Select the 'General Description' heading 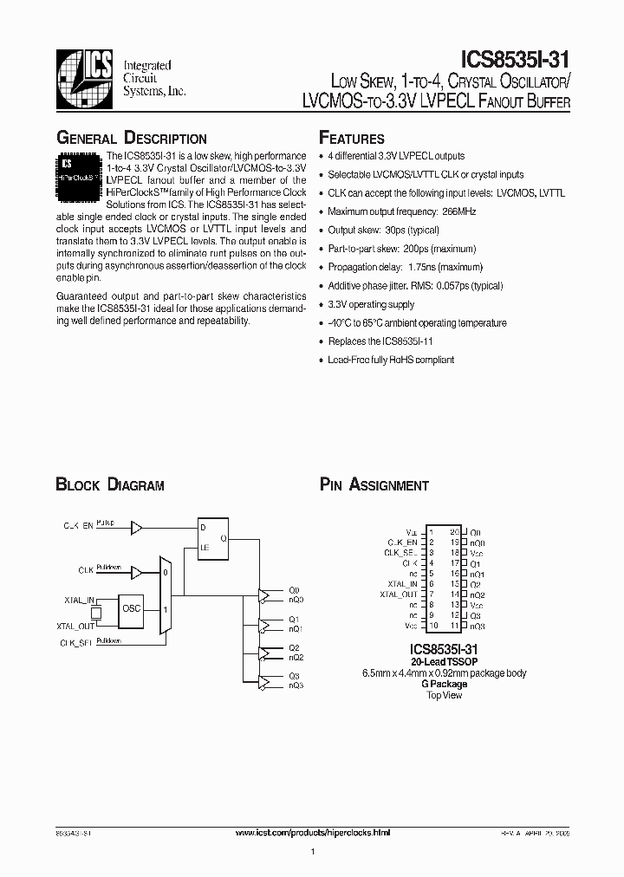[131, 139]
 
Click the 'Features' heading [352, 139]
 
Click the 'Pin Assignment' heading [374, 485]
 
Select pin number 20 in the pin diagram [453, 532]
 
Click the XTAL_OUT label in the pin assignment [399, 594]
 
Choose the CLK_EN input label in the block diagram [77, 526]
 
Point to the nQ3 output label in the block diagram [296, 685]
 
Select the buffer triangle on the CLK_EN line [135, 526]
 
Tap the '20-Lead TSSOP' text [442, 661]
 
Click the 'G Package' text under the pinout [444, 684]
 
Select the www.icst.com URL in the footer [313, 832]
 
